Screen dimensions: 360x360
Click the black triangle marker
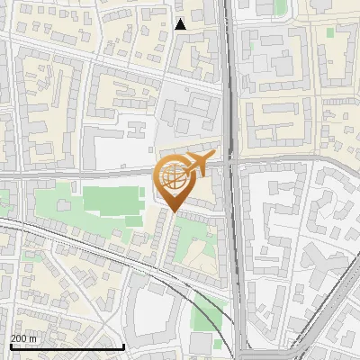[x=181, y=24]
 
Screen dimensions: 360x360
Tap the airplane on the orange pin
[x=197, y=165]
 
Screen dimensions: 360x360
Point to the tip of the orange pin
[x=173, y=213]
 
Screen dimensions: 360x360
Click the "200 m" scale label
[x=24, y=338]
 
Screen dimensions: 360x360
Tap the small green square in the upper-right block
[x=329, y=32]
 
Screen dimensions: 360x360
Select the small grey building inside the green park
[x=133, y=220]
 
